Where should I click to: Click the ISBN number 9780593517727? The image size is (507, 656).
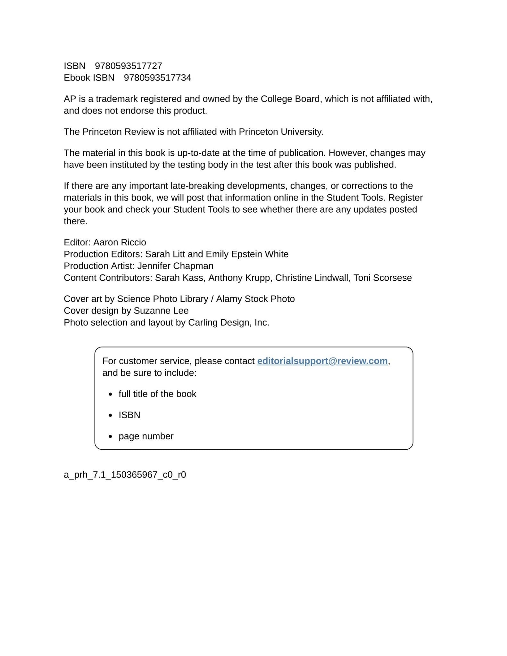[x=128, y=66]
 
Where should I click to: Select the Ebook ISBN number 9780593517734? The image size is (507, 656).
[x=157, y=78]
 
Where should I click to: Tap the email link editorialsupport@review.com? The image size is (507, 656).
[x=322, y=361]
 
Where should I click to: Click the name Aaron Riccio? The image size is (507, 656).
[x=120, y=242]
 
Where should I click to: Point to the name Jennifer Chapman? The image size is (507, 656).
[x=175, y=266]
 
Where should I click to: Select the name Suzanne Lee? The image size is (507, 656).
[x=161, y=311]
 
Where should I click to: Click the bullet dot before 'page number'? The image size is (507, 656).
[x=111, y=437]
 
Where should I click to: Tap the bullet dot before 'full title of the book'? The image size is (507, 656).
[x=111, y=394]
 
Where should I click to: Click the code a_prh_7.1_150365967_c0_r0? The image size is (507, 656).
[x=125, y=475]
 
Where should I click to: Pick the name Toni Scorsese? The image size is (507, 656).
[x=382, y=278]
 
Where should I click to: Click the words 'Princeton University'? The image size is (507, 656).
[x=281, y=132]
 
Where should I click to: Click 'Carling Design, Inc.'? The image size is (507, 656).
[x=229, y=323]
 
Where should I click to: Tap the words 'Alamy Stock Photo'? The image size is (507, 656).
[x=255, y=299]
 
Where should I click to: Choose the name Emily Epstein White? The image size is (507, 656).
[x=247, y=254]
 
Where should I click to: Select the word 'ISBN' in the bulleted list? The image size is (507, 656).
[x=129, y=415]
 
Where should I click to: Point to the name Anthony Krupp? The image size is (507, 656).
[x=239, y=278]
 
